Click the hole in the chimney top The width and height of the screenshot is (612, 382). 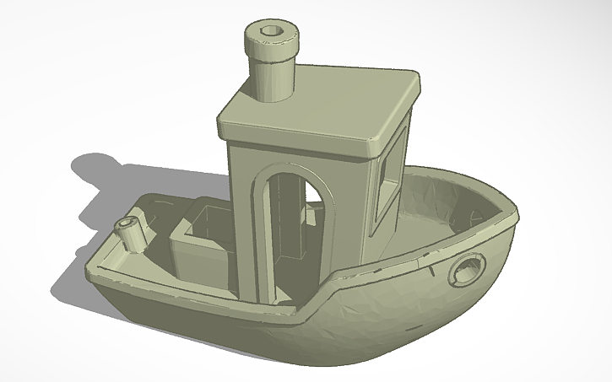[x=272, y=30]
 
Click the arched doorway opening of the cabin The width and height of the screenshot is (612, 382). [x=291, y=228]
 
